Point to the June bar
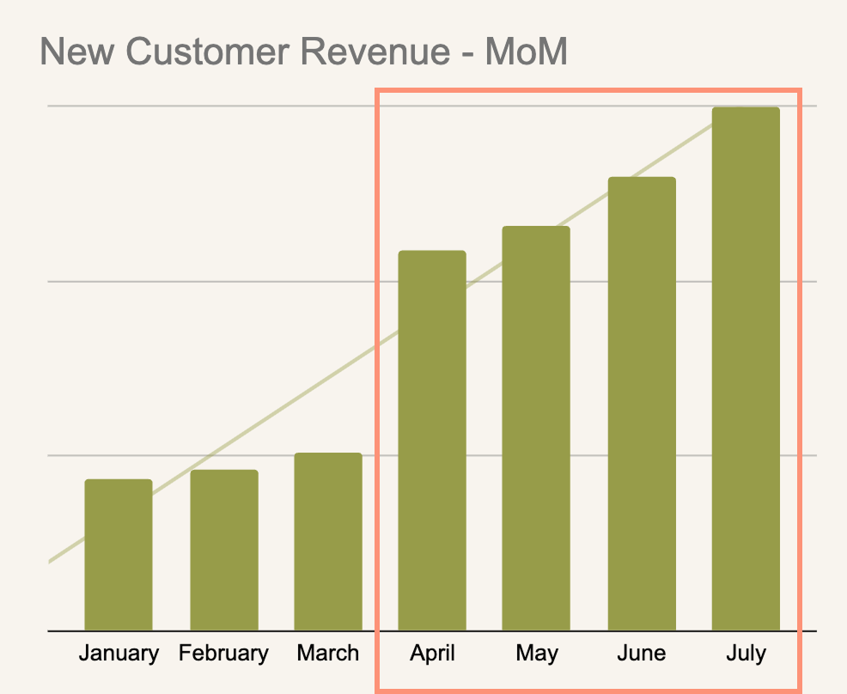coord(642,404)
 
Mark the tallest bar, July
coord(746,369)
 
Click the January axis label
coord(119,654)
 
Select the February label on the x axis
coord(224,654)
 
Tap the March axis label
coord(328,654)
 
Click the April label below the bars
coord(433,654)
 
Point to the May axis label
coord(537,654)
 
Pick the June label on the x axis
coord(642,654)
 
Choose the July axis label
coord(746,654)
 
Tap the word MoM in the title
coord(526,52)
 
